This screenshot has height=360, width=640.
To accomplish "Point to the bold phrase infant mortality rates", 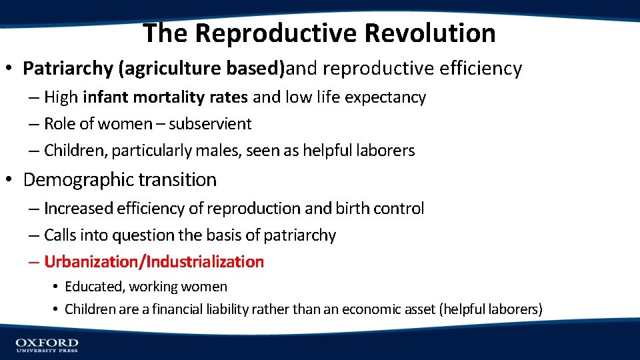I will click(165, 97).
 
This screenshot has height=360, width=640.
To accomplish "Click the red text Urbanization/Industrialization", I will click(154, 262).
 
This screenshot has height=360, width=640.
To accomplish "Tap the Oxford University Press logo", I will click(47, 345).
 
